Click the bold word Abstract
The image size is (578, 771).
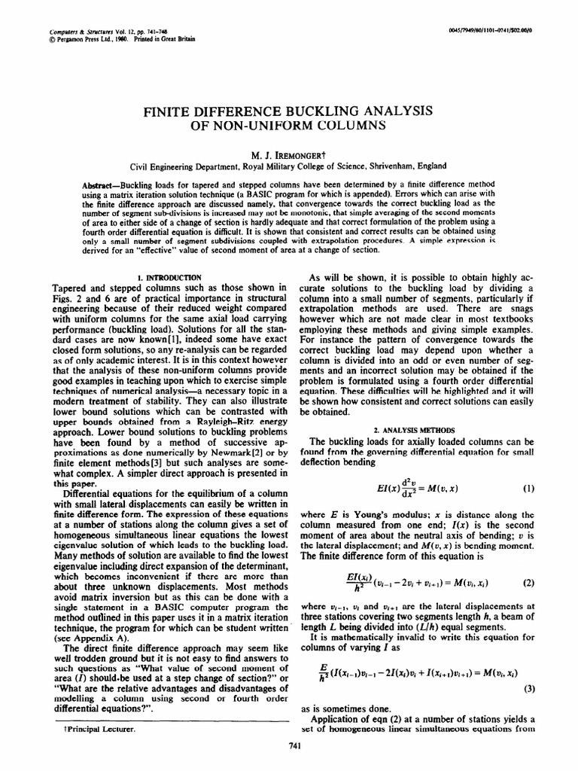99,185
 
